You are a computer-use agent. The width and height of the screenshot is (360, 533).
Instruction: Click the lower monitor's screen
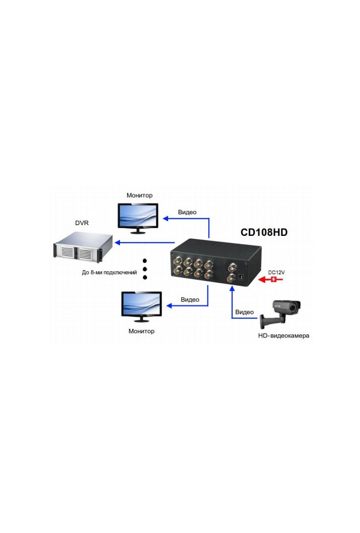(x=142, y=303)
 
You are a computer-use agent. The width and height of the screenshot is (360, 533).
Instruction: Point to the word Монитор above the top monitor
(x=140, y=195)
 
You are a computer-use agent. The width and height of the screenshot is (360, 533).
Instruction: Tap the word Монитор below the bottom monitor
(x=142, y=331)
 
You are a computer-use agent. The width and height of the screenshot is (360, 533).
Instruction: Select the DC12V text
(x=276, y=272)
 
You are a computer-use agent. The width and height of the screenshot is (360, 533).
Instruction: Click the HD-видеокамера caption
(x=284, y=336)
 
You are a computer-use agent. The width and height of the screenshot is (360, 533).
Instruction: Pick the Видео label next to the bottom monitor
(x=190, y=300)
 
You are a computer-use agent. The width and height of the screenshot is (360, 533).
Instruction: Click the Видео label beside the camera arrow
(x=245, y=312)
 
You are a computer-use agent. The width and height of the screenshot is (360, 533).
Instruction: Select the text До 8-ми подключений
(x=110, y=272)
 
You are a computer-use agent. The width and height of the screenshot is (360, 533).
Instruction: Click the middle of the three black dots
(x=145, y=270)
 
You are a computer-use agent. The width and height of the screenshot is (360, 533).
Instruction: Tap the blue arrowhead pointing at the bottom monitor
(x=169, y=306)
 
